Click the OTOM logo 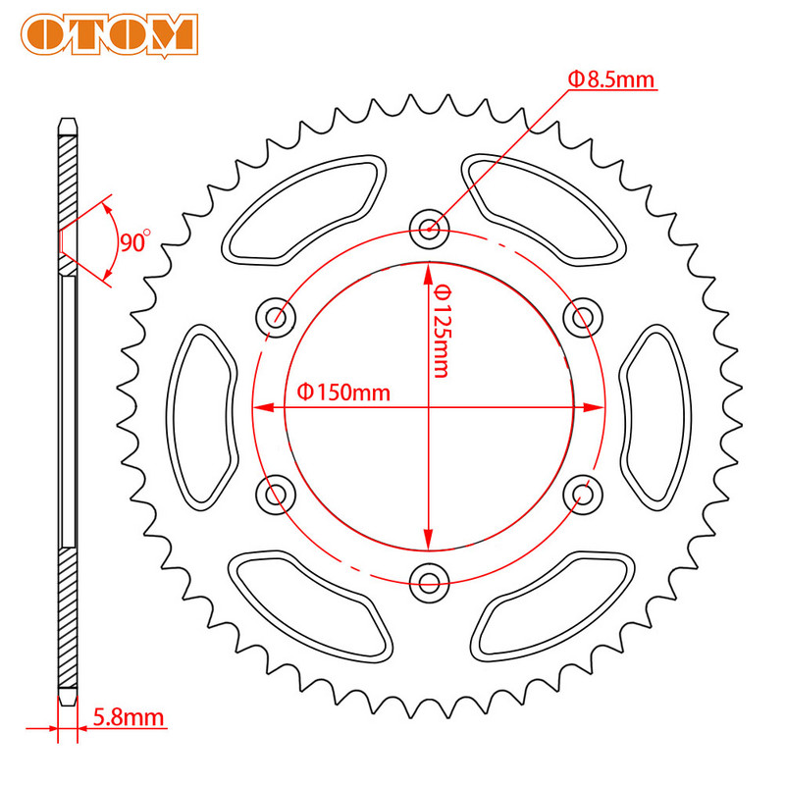pos(110,32)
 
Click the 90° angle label pos(134,241)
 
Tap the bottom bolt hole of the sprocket pos(429,582)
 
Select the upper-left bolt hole pos(276,317)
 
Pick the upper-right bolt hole pos(583,317)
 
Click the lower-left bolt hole pos(276,494)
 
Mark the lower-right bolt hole pos(583,494)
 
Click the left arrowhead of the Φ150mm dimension pos(261,405)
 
